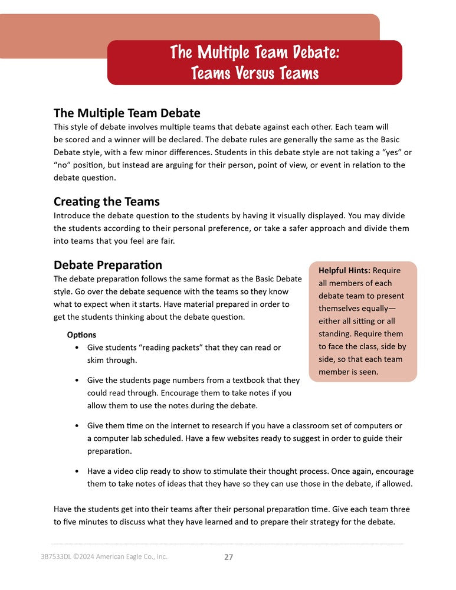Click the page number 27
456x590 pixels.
point(228,556)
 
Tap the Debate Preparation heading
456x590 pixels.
point(108,265)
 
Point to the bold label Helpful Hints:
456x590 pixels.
point(344,270)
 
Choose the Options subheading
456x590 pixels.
point(82,335)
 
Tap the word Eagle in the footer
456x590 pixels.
point(127,556)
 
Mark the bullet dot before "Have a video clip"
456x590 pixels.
point(78,471)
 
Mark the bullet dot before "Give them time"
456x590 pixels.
point(78,425)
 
